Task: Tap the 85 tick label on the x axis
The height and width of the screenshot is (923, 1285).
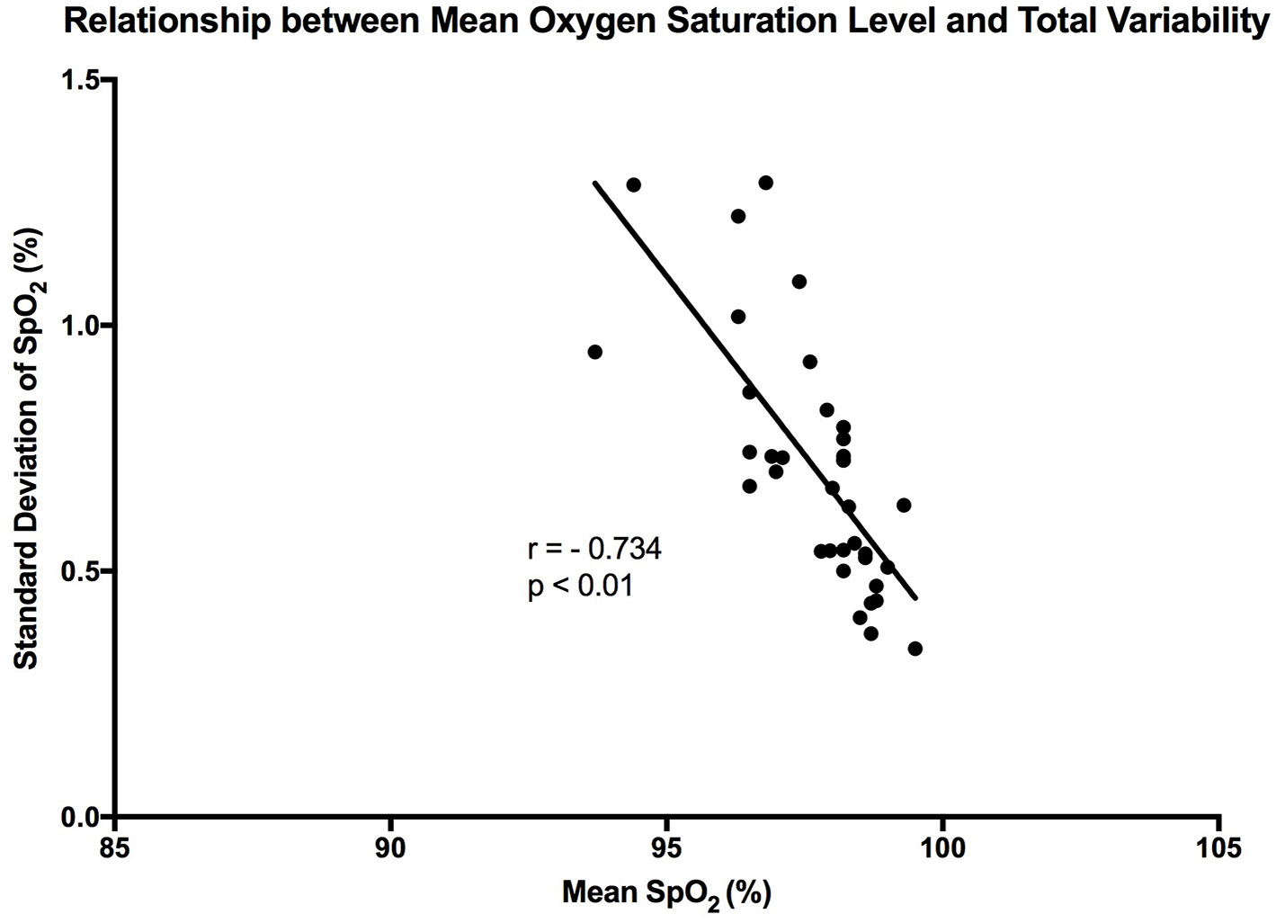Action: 115,847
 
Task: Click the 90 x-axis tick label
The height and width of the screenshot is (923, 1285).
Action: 391,847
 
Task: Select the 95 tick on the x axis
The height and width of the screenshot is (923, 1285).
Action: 666,847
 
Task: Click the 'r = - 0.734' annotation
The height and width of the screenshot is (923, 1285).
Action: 593,549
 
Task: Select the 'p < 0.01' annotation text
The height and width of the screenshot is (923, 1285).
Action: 580,587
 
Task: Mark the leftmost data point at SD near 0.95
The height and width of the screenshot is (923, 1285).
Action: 594,352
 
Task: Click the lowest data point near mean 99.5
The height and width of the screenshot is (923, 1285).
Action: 915,649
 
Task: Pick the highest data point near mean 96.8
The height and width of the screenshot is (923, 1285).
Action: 765,183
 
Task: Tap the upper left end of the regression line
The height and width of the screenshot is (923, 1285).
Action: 594,183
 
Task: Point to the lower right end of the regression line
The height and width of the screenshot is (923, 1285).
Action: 915,597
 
